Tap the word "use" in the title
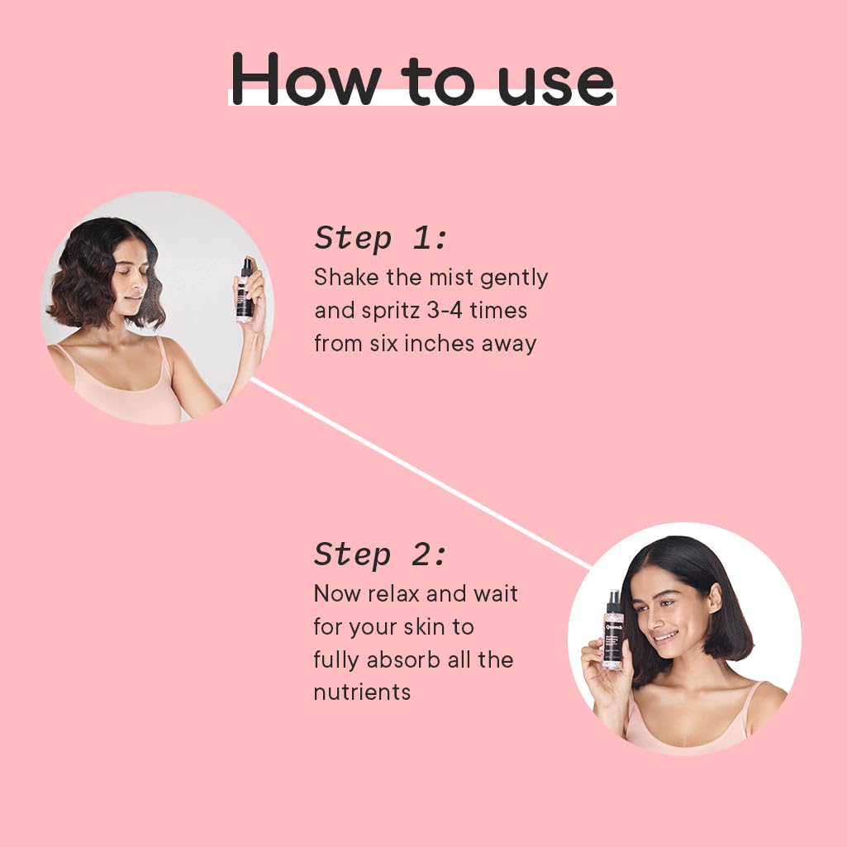click(x=556, y=85)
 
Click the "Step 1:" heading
click(x=380, y=238)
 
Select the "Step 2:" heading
click(x=380, y=554)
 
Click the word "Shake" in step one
click(x=346, y=277)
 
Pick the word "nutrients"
click(x=362, y=692)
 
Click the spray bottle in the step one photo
click(x=245, y=290)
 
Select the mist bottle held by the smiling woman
click(x=613, y=630)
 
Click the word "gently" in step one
click(x=514, y=279)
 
